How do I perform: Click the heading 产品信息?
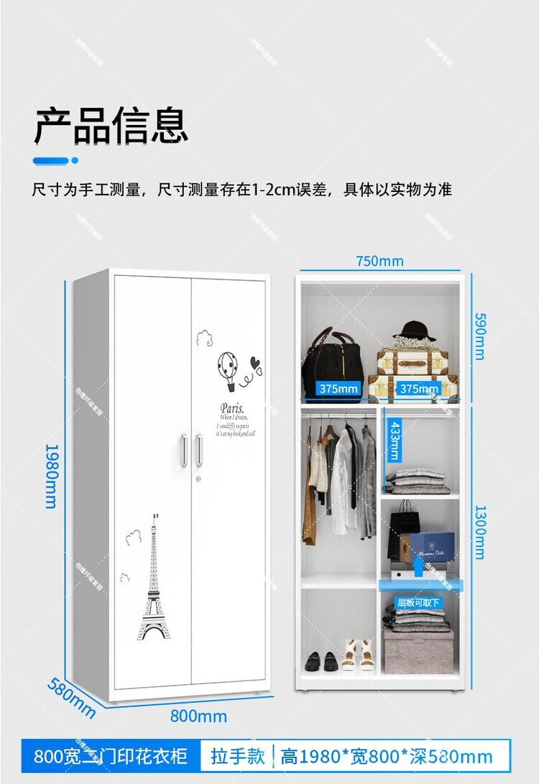(111, 126)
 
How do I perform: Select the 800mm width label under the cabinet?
(198, 716)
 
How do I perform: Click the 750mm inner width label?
(379, 261)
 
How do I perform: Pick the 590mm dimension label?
(478, 335)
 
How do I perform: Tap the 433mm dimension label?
(393, 441)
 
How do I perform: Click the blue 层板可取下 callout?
(420, 602)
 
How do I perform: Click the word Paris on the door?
(233, 407)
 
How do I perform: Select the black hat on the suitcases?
(418, 332)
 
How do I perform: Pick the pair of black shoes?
(320, 660)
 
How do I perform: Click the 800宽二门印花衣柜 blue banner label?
(111, 757)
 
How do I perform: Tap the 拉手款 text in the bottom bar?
(238, 756)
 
